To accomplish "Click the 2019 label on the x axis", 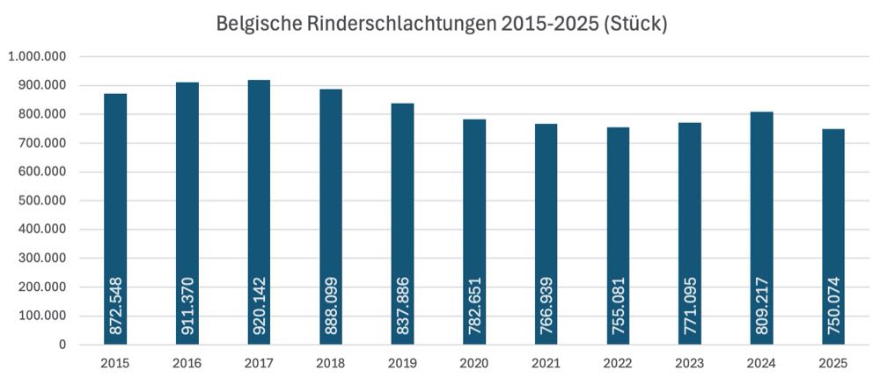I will (402, 362).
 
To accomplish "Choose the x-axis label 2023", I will (690, 362).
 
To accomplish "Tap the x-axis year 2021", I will (546, 362).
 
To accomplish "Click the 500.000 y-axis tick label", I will (40, 200).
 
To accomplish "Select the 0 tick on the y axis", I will (63, 345).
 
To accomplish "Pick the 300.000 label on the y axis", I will (40, 258).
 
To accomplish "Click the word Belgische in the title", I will (255, 25).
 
